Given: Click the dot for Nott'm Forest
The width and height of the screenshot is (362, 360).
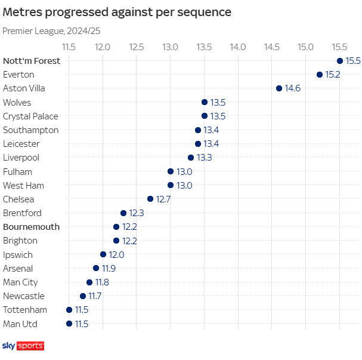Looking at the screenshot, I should coord(340,61).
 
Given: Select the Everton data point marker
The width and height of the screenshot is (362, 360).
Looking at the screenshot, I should coord(320,75).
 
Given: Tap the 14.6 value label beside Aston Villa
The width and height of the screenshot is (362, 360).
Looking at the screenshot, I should coord(293,88).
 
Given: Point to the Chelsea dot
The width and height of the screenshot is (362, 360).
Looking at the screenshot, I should coord(150,199).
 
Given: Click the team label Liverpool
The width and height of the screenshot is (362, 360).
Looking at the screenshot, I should coord(21,158).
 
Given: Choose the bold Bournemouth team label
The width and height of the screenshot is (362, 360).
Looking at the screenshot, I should coord(31,227).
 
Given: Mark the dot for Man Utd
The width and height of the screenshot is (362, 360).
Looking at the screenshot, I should coord(69,324).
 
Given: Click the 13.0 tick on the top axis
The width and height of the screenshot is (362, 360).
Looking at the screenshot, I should coord(171,47).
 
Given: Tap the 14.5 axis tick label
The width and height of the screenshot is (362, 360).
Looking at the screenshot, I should coord(272,47).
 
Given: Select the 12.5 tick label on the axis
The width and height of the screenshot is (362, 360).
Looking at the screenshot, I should coord(137,47).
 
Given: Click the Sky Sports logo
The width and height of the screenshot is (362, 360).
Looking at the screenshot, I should coord(23,346).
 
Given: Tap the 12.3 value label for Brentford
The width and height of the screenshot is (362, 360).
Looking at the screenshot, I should coord(137,213).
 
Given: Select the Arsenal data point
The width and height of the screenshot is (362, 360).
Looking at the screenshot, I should coord(96,268).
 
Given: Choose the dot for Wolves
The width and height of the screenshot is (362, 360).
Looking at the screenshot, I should coord(205,102).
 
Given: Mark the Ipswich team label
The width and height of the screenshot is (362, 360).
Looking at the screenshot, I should coord(18,255).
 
